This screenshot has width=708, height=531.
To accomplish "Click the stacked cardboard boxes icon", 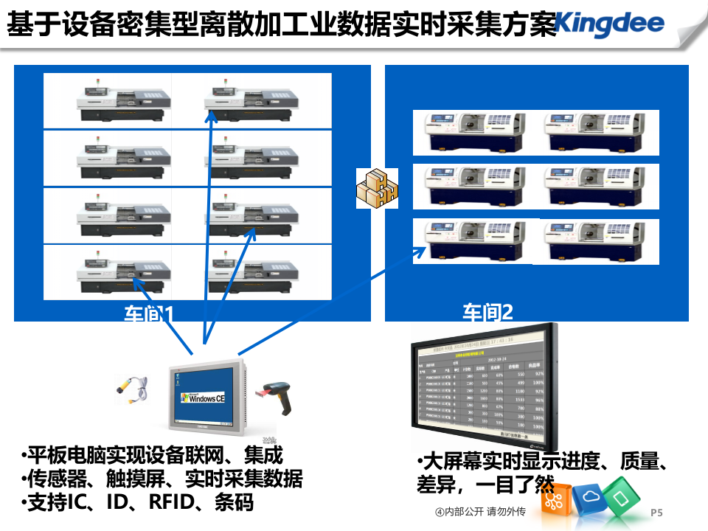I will click(377, 188).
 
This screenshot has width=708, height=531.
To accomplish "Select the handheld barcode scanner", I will click(278, 398).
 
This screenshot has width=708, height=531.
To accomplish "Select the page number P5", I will click(657, 512).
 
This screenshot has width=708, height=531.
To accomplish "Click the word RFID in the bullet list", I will click(170, 503).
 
